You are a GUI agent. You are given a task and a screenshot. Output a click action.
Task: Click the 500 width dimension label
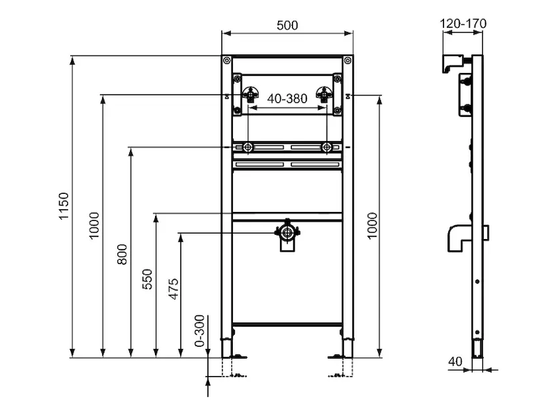pos(287,26)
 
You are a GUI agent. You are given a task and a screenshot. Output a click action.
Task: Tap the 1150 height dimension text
pos(64,206)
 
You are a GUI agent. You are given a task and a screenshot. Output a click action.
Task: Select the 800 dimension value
pos(122,254)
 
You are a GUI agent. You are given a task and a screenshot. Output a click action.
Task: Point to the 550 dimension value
pos(147,279)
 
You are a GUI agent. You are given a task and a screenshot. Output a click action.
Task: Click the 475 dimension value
pos(173,289)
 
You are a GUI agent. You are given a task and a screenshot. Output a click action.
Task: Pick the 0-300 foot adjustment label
pos(200,331)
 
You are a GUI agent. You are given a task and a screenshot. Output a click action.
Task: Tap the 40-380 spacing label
pos(287,99)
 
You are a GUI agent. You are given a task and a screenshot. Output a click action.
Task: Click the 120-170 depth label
pos(463,24)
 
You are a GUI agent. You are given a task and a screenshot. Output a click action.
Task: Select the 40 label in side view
pos(455,361)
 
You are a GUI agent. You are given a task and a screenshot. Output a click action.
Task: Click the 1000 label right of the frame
pos(373,227)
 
